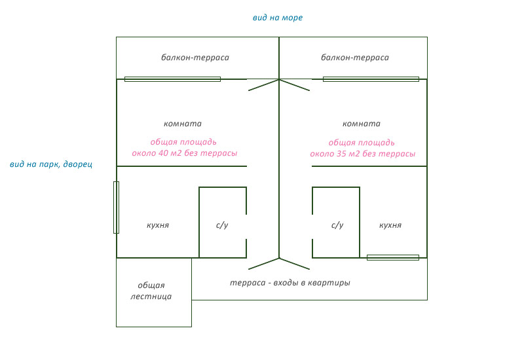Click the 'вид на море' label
coord(278,18)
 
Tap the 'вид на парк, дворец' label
coord(51,164)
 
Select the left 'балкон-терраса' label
coord(195,58)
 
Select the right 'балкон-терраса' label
coord(355,58)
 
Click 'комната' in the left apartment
coord(183,124)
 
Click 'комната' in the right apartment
coord(362,124)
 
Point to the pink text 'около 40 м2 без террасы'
coord(185,153)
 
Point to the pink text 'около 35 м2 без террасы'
coord(362,154)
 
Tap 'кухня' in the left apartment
coord(158,225)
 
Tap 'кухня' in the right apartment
coord(390,225)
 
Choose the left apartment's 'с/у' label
coord(222,225)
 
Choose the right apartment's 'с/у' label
coord(337,225)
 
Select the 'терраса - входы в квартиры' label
coord(290,283)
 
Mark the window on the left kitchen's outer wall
coord(116,207)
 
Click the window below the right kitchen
coord(392,257)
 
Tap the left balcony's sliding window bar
coord(172,79)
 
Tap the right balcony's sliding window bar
coord(371,79)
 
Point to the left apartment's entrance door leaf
coord(264,263)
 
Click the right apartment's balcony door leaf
coord(295,85)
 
